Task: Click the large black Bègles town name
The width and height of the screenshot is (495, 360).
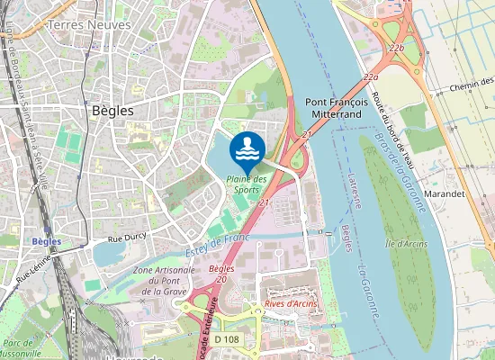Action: [x=112, y=110]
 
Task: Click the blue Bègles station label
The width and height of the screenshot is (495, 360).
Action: [x=45, y=242]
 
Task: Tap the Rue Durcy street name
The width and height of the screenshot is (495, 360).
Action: [x=127, y=239]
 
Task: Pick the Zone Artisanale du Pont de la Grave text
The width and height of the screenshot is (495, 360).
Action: [x=162, y=281]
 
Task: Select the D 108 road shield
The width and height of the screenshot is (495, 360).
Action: [x=227, y=338]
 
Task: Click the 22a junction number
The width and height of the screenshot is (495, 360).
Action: [x=370, y=78]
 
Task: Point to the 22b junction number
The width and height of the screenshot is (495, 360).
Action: [x=396, y=47]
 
